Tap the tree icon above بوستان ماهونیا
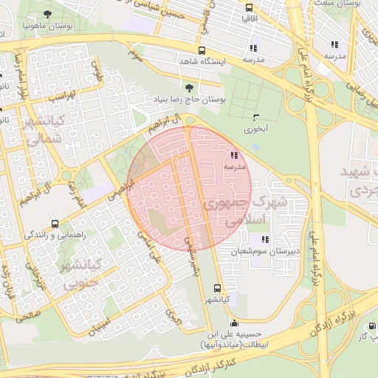(48, 13)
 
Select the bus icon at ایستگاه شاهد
(202, 51)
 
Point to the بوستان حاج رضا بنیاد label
(188, 98)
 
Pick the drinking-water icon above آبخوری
(256, 117)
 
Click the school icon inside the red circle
(234, 155)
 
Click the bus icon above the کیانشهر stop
(216, 288)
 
